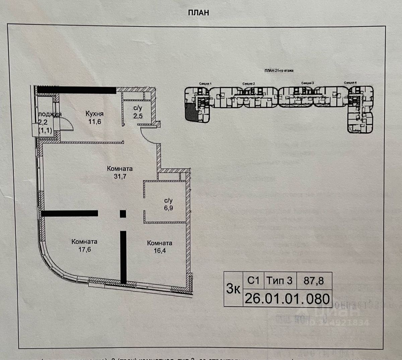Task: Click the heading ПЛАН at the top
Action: pyautogui.click(x=199, y=12)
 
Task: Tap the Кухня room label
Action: pyautogui.click(x=94, y=114)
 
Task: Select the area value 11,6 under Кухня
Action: pyautogui.click(x=94, y=121)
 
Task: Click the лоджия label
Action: pyautogui.click(x=50, y=114)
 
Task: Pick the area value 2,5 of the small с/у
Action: pyautogui.click(x=137, y=116)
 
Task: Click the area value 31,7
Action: pyautogui.click(x=120, y=176)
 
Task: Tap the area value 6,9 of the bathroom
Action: pyautogui.click(x=168, y=208)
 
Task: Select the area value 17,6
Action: pyautogui.click(x=84, y=249)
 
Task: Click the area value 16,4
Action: pyautogui.click(x=159, y=250)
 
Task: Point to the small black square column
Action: pyautogui.click(x=123, y=214)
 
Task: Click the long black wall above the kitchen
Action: pyautogui.click(x=76, y=90)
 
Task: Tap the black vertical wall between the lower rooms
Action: pyautogui.click(x=123, y=257)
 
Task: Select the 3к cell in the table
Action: pyautogui.click(x=233, y=289)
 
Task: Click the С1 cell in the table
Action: pyautogui.click(x=253, y=280)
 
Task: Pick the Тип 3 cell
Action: pyautogui.click(x=279, y=280)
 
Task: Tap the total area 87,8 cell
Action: pyautogui.click(x=314, y=280)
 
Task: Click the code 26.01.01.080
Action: pyautogui.click(x=287, y=298)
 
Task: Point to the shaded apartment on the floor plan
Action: pyautogui.click(x=190, y=112)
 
